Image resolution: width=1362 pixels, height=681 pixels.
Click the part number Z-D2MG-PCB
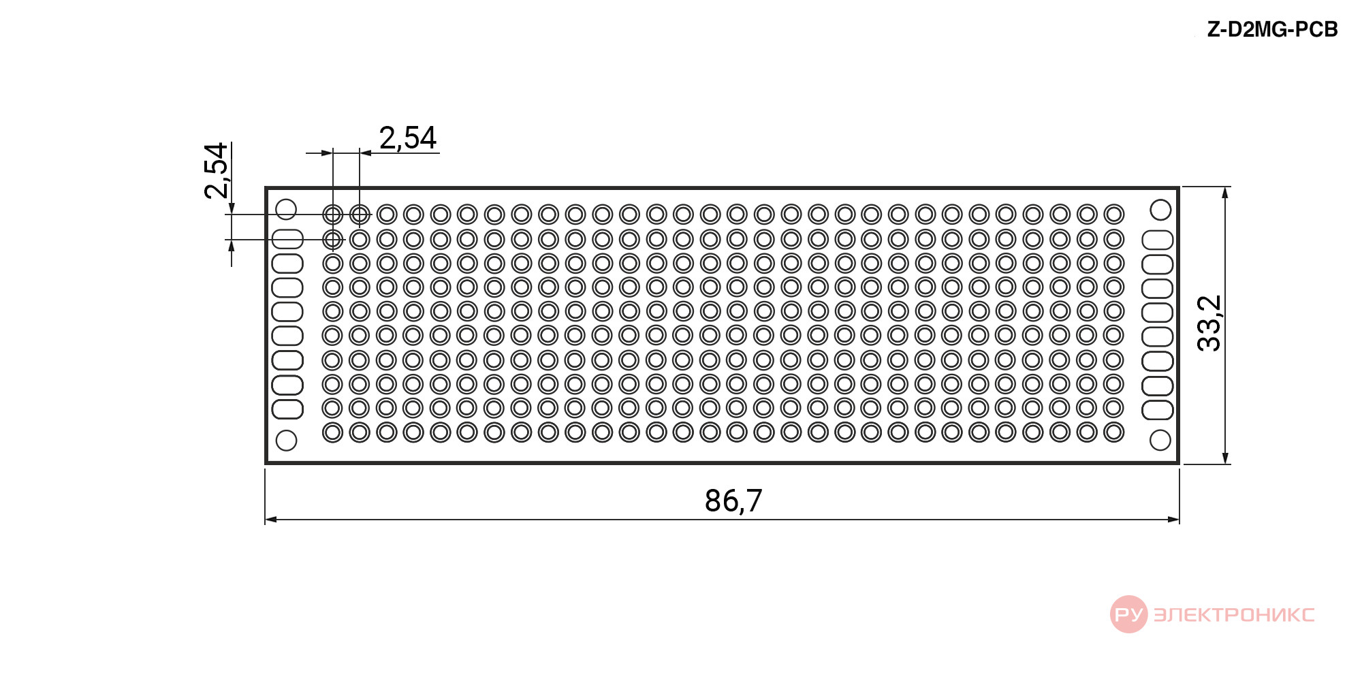pyautogui.click(x=1272, y=29)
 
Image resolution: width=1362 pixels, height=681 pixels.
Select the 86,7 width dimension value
pyautogui.click(x=733, y=501)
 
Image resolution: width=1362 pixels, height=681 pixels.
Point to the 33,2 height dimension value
pyautogui.click(x=1209, y=323)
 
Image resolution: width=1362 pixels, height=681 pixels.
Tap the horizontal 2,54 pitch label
pyautogui.click(x=408, y=138)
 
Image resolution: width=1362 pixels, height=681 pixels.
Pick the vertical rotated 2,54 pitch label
pyautogui.click(x=216, y=170)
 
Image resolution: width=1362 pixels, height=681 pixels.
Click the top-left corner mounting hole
pyautogui.click(x=286, y=209)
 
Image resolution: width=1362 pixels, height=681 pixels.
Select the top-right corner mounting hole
pyautogui.click(x=1160, y=210)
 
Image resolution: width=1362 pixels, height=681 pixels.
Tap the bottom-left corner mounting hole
pyautogui.click(x=286, y=440)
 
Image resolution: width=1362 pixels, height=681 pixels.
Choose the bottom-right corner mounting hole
pyautogui.click(x=1160, y=440)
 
